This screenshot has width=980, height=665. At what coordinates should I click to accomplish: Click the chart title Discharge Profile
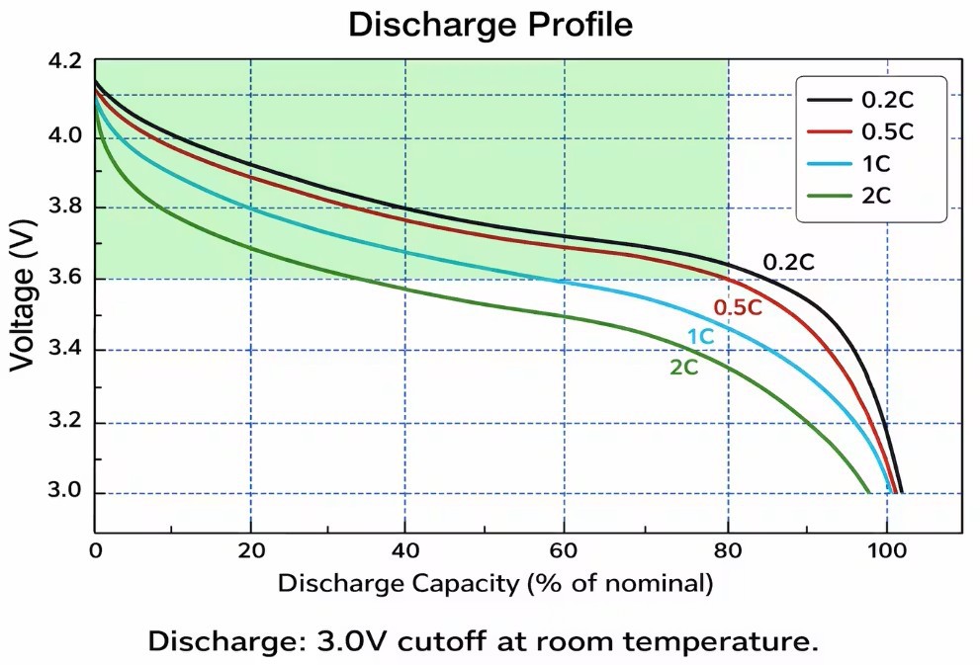pos(490,26)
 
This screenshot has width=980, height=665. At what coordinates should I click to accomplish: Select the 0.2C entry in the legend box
pos(887,100)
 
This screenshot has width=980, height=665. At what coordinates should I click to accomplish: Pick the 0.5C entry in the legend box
pos(887,131)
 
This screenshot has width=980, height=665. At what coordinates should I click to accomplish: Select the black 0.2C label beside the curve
pos(788,263)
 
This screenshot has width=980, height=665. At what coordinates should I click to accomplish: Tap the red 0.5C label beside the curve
pos(738,307)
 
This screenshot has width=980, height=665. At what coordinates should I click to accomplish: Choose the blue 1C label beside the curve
pos(700,337)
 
